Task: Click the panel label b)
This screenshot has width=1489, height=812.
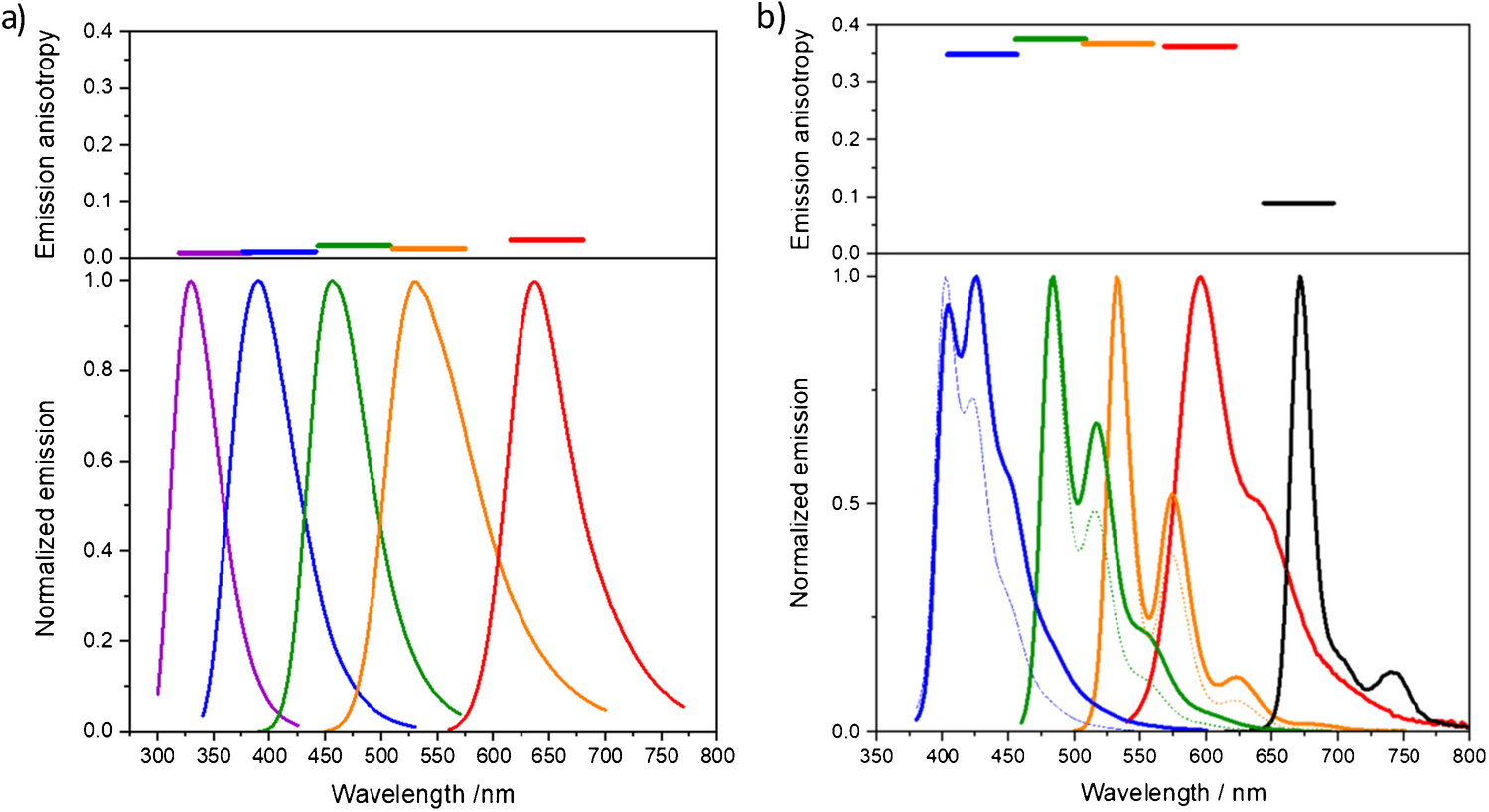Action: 771,18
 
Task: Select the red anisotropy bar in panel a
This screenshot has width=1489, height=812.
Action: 546,239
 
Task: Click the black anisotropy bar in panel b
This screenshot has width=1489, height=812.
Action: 1297,203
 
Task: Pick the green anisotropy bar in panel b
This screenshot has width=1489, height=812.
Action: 1050,39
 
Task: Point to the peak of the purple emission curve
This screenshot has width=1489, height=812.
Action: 190,282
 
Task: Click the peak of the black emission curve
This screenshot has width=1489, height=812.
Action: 1299,278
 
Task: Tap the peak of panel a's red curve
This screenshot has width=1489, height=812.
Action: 534,282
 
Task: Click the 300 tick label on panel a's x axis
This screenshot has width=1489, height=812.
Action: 157,756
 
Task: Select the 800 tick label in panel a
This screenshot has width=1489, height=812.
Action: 716,756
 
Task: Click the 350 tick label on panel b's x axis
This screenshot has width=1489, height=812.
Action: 875,757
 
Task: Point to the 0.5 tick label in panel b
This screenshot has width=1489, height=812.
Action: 847,503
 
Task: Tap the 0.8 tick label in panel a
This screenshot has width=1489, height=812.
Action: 98,370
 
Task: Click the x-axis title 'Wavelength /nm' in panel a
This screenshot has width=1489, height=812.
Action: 422,794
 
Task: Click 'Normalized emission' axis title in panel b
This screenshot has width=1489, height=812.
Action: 800,491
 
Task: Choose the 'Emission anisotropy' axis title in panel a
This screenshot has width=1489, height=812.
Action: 46,144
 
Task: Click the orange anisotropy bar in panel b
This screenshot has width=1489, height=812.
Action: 1117,43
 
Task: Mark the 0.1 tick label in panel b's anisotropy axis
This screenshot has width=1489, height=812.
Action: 847,196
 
